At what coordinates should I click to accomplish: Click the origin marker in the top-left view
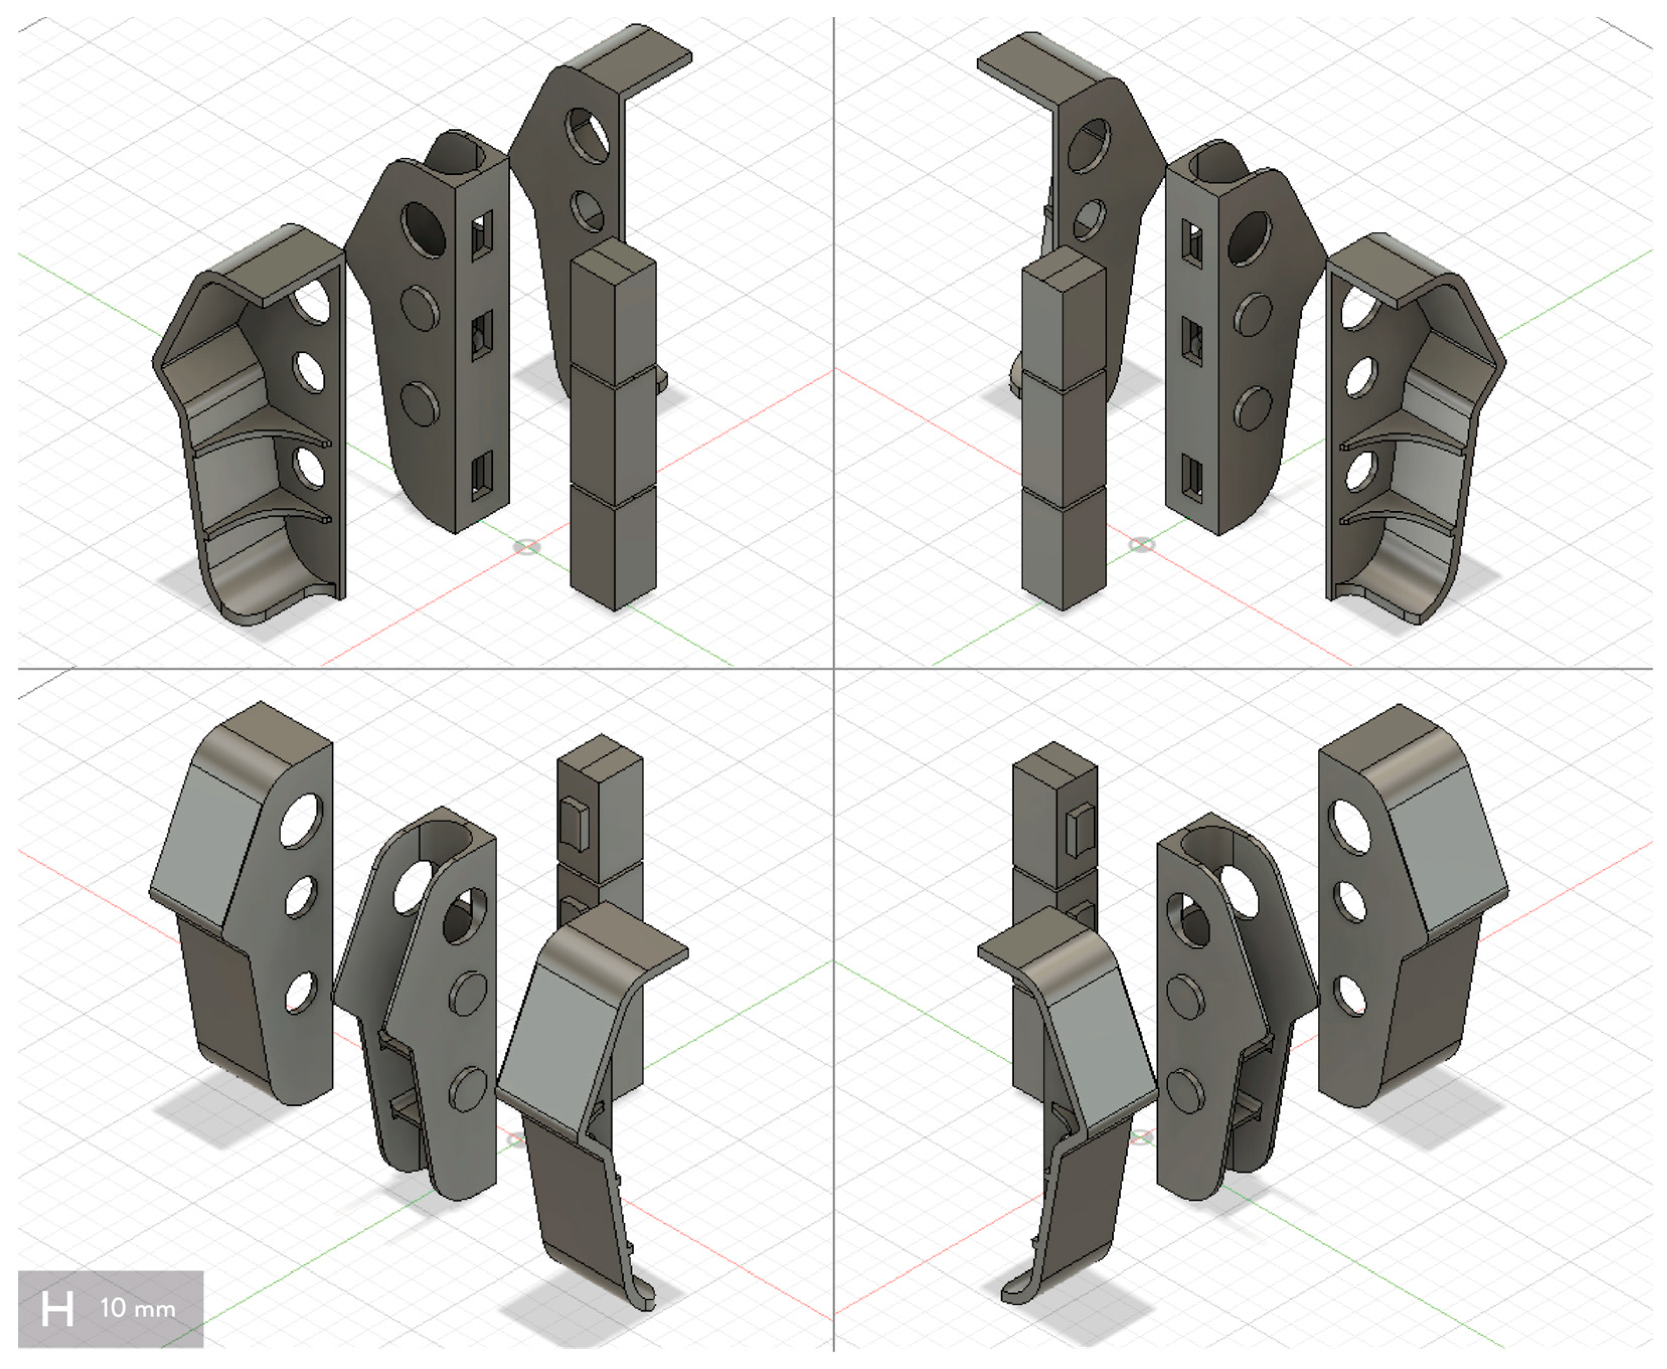(x=527, y=546)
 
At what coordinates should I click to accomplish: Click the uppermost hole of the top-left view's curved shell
(x=313, y=301)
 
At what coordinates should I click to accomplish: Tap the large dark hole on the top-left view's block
(x=423, y=229)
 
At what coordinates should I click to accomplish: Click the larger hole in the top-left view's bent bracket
(x=587, y=135)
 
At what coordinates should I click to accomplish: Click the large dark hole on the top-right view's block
(x=1249, y=238)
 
